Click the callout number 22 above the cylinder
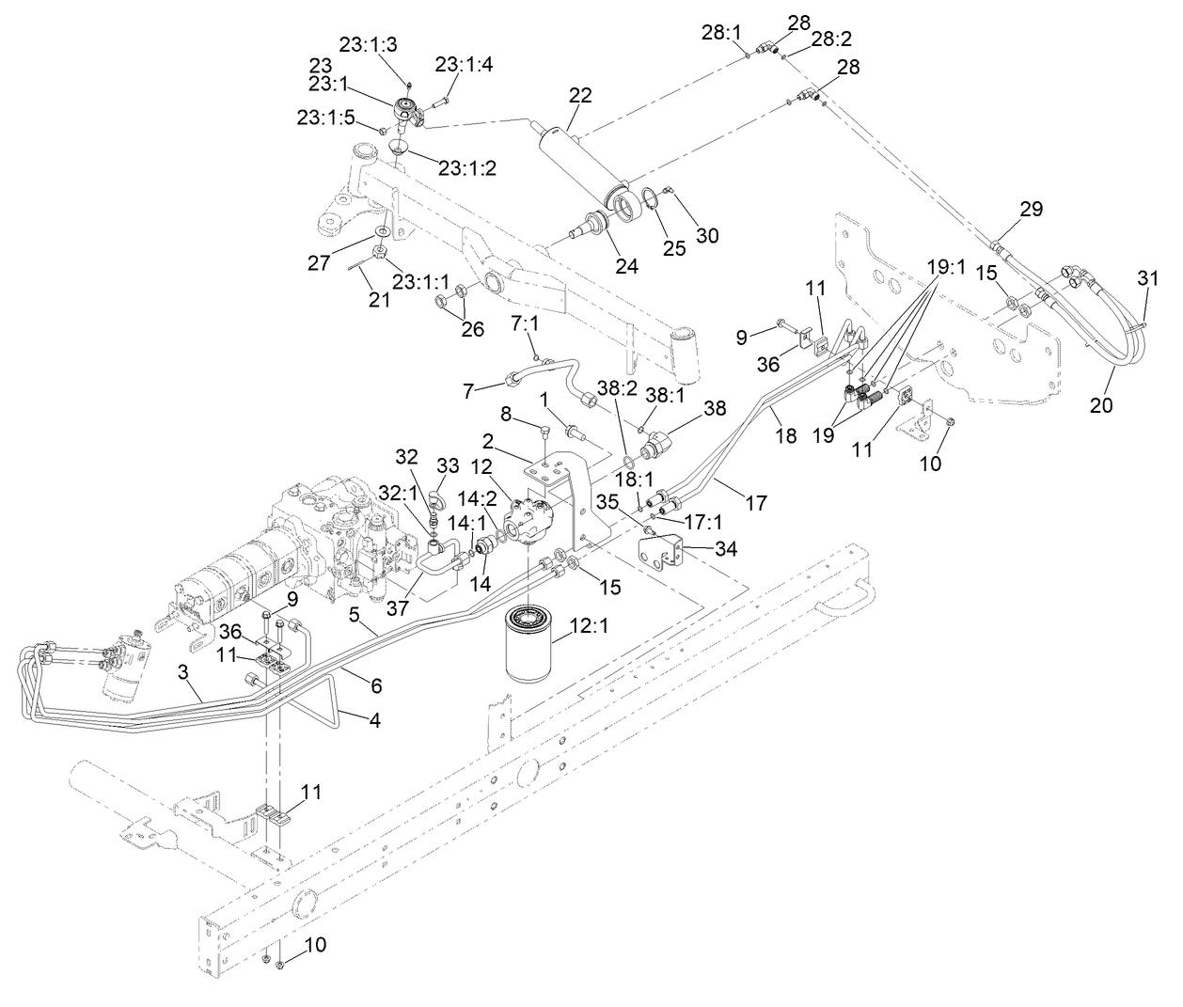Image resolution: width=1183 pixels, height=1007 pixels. click(580, 95)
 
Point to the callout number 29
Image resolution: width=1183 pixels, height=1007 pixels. click(1032, 209)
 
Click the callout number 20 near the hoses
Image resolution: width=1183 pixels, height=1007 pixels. click(1101, 405)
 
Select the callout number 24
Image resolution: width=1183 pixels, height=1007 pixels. click(626, 267)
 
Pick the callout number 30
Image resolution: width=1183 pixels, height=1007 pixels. click(706, 235)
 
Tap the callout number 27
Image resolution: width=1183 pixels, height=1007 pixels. click(319, 262)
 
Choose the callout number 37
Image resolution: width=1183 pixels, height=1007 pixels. click(397, 608)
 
